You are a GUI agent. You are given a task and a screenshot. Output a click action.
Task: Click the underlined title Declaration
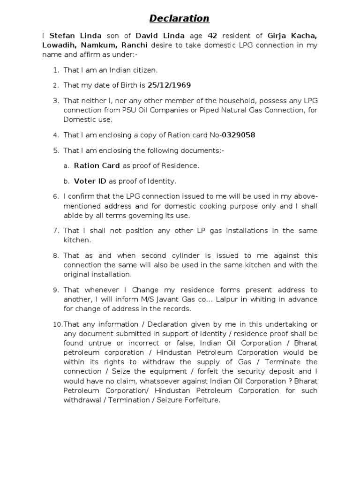click(180, 19)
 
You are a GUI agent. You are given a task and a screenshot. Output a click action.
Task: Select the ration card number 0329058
click(239, 135)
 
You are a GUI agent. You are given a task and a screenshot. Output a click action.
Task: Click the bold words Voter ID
click(90, 181)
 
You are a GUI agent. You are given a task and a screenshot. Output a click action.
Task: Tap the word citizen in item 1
click(145, 70)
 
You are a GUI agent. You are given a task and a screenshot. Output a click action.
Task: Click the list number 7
click(55, 231)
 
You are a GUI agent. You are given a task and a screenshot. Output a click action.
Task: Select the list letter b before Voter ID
click(67, 181)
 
